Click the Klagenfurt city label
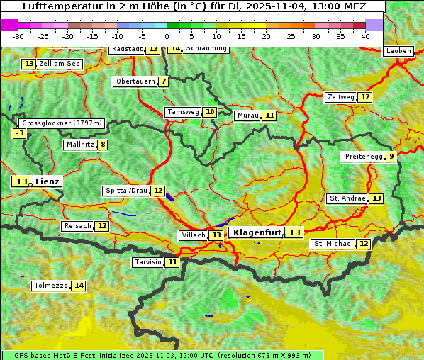pyautogui.click(x=257, y=232)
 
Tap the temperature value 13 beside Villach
pyautogui.click(x=216, y=235)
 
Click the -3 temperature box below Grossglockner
pyautogui.click(x=20, y=133)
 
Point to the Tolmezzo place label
pyautogui.click(x=50, y=286)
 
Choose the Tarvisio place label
pyautogui.click(x=148, y=262)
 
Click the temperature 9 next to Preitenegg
pyautogui.click(x=391, y=157)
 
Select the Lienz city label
pyautogui.click(x=48, y=182)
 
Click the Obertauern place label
pyautogui.click(x=135, y=81)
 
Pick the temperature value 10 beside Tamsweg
pyautogui.click(x=210, y=112)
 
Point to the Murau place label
pyautogui.click(x=247, y=116)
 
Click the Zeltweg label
pyautogui.click(x=340, y=97)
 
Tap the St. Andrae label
pyautogui.click(x=347, y=198)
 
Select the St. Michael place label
pyautogui.click(x=333, y=244)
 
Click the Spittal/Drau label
pyautogui.click(x=126, y=191)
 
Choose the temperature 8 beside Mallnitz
pyautogui.click(x=104, y=145)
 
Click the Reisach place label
pyautogui.click(x=77, y=226)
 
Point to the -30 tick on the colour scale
pyautogui.click(x=18, y=35)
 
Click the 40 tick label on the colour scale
pyautogui.click(x=365, y=35)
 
